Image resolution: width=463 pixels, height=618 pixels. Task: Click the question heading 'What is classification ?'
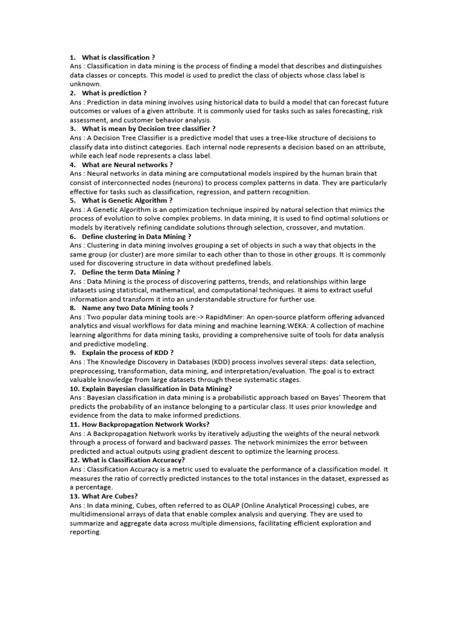coord(118,57)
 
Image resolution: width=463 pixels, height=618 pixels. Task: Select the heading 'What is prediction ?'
coord(114,93)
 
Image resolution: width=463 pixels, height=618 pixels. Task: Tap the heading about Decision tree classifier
coord(148,129)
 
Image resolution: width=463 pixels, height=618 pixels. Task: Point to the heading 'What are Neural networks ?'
coord(127,164)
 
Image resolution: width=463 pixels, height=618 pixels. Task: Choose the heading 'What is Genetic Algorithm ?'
coord(127,200)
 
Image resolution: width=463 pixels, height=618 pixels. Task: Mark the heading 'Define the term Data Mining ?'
coord(131,272)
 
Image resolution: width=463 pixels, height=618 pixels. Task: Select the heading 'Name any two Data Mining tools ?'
coord(137,308)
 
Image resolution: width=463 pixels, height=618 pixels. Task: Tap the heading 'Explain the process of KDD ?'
coord(128,352)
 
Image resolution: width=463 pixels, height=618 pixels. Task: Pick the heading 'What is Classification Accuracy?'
coord(133,460)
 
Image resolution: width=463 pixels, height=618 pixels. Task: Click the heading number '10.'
coord(75,389)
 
